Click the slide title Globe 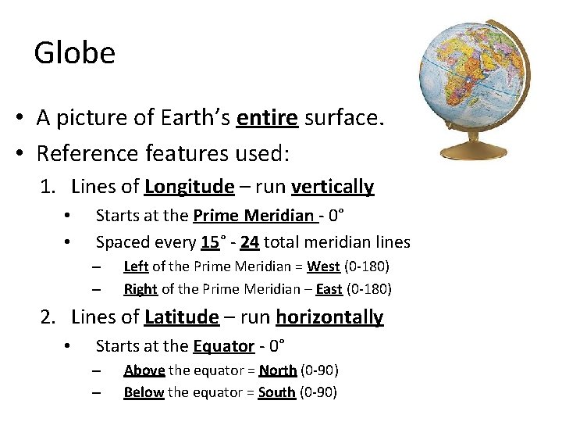click(x=75, y=53)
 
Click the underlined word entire click(x=268, y=118)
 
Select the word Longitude click(x=189, y=187)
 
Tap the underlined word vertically click(x=333, y=187)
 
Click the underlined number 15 click(x=209, y=242)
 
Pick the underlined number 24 click(x=250, y=242)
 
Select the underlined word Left click(x=136, y=266)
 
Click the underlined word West click(x=323, y=266)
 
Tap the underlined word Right click(x=140, y=289)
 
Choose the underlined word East click(x=329, y=289)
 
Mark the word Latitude click(x=182, y=317)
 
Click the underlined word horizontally click(x=329, y=317)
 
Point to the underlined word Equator click(x=224, y=345)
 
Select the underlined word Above click(x=144, y=370)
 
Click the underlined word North click(x=278, y=370)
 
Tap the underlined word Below click(x=144, y=392)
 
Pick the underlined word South click(x=277, y=392)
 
